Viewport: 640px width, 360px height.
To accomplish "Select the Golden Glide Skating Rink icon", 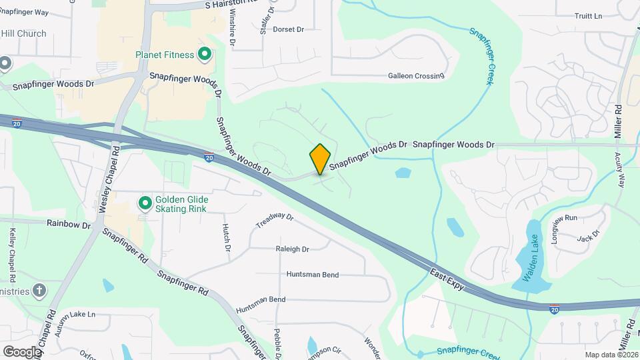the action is click(144, 202).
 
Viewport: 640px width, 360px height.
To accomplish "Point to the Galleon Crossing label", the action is click(416, 76).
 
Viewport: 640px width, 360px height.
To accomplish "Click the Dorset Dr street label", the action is click(288, 29).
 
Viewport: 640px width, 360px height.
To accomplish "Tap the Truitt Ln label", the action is click(588, 16).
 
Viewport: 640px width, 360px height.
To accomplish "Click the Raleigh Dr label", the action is click(292, 249).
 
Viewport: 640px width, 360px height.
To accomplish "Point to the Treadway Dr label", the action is click(275, 220).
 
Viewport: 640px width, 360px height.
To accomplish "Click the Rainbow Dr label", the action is click(68, 225).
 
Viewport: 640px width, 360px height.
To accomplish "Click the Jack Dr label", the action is click(589, 235).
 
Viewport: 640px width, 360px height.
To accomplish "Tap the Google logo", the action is click(22, 351).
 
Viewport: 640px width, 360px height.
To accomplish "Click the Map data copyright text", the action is click(611, 355).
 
